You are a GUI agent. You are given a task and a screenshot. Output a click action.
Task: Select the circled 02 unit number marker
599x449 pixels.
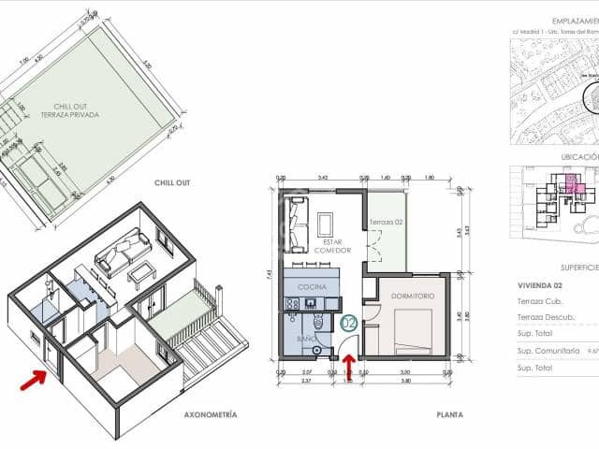pos(349,324)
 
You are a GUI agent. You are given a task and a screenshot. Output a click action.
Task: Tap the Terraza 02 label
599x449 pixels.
pos(385,222)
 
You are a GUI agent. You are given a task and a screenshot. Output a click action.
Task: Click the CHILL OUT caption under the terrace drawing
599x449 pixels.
pos(171,182)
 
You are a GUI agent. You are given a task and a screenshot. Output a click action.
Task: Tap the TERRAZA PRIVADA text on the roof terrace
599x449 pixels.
pos(69,114)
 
